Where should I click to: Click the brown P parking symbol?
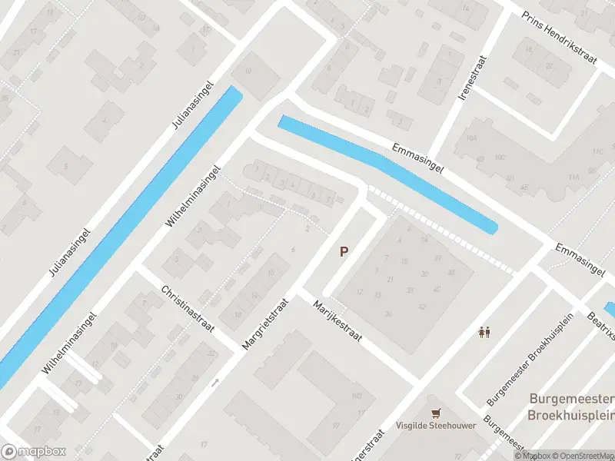(344, 251)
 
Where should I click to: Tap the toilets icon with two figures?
(485, 333)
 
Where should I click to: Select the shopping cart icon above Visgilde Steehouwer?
(436, 413)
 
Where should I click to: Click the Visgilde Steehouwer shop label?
(436, 426)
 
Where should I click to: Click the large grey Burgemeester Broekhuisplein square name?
(571, 406)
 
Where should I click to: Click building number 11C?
(597, 151)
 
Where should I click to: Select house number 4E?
(524, 187)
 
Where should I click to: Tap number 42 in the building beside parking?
(422, 307)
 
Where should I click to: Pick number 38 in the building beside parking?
(450, 272)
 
